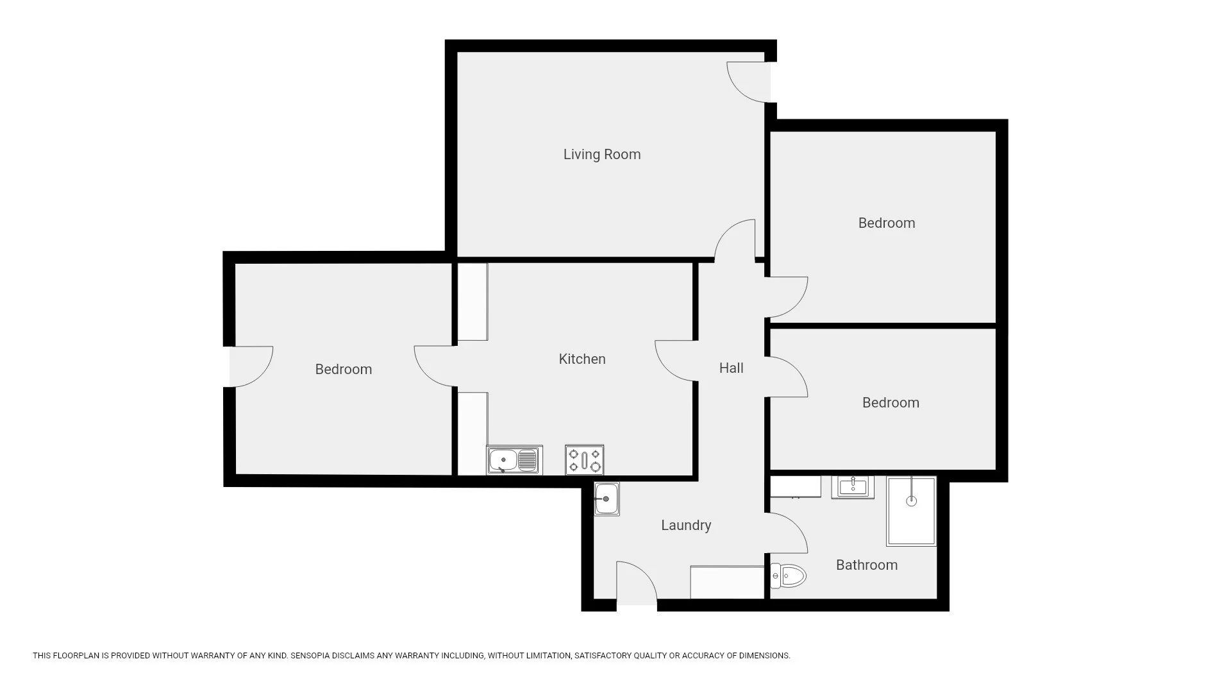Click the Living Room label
(601, 155)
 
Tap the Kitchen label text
(582, 359)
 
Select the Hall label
(731, 368)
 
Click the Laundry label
(685, 526)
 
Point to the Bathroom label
(866, 565)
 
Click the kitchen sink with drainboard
(514, 460)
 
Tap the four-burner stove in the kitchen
(584, 460)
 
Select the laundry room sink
(606, 499)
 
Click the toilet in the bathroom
(789, 576)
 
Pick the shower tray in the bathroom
(911, 511)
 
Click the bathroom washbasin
(852, 487)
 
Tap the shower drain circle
(911, 501)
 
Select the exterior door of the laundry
(636, 584)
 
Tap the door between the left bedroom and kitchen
(435, 366)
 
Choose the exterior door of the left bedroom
(251, 367)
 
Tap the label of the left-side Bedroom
(343, 370)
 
